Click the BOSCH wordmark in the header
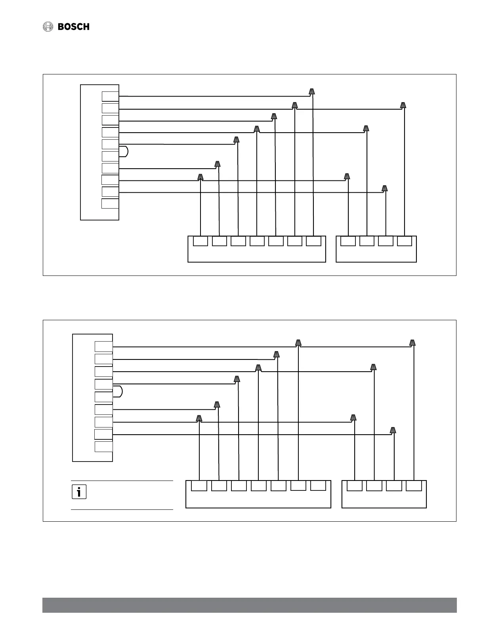[x=74, y=27]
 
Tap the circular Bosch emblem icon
[x=48, y=27]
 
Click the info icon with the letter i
[x=79, y=492]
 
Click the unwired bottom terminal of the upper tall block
[x=110, y=204]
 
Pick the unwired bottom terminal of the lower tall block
[x=103, y=447]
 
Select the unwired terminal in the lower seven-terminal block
[x=318, y=485]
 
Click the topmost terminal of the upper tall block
[x=110, y=96]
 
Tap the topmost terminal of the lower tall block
[x=103, y=347]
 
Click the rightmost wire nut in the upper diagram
[x=403, y=105]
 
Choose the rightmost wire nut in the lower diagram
[x=412, y=343]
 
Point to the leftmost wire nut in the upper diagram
[x=200, y=177]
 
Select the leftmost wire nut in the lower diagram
[x=199, y=418]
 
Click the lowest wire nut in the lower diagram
[x=393, y=431]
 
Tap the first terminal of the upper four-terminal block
[x=348, y=241]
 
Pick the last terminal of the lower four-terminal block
[x=414, y=486]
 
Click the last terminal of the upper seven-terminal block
[x=313, y=241]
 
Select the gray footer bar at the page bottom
[x=249, y=605]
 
